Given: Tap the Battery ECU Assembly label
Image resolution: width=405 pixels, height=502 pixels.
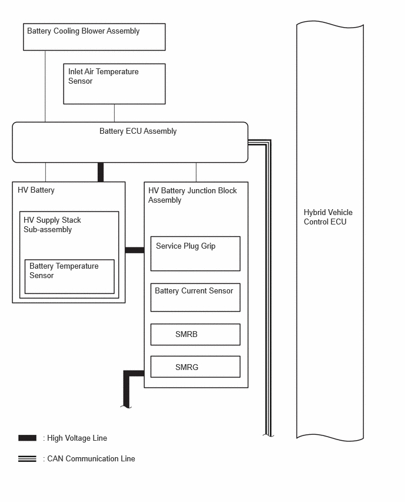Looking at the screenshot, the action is click(138, 131).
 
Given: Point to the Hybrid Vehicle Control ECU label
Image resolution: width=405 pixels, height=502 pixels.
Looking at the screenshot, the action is click(328, 217).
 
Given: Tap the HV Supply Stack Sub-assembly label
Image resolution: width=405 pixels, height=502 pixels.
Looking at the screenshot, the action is click(52, 224).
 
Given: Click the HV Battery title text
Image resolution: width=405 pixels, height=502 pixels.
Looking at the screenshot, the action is click(36, 190).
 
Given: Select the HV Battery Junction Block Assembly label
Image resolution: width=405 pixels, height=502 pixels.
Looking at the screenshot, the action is click(192, 195).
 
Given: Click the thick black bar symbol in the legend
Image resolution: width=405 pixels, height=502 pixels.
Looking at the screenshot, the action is click(27, 438).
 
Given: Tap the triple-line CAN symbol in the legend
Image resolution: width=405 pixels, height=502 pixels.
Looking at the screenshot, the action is click(27, 458).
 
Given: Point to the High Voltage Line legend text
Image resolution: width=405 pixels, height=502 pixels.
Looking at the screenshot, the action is click(77, 438).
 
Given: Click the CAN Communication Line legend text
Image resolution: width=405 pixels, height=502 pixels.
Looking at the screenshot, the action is click(91, 459).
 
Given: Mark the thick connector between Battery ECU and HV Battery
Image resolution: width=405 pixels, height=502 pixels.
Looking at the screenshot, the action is click(101, 172).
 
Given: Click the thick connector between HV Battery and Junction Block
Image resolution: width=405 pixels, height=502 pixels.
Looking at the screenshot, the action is click(135, 250).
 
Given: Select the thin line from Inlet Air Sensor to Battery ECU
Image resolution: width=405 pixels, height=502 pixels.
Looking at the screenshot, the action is click(114, 113).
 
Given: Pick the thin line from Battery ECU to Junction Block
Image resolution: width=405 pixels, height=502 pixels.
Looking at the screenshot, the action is click(196, 172).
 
